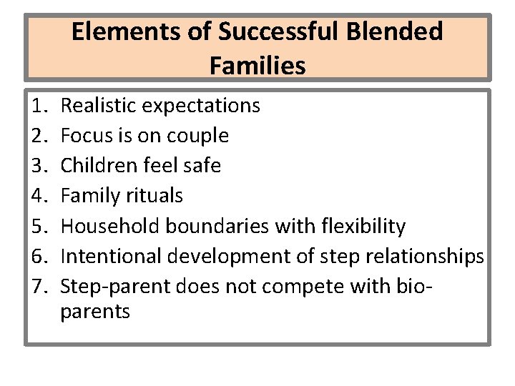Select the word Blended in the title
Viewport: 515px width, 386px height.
[x=401, y=32]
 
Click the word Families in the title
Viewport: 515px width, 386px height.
[x=257, y=66]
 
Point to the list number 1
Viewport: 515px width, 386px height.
[x=39, y=106]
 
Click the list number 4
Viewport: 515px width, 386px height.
[x=39, y=196]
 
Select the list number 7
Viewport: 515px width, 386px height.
[x=39, y=287]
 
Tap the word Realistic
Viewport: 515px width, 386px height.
[x=99, y=106]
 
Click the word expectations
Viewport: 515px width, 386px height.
[x=201, y=107]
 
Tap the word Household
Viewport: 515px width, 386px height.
[x=110, y=227]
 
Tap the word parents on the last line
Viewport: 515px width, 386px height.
[x=95, y=312]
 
